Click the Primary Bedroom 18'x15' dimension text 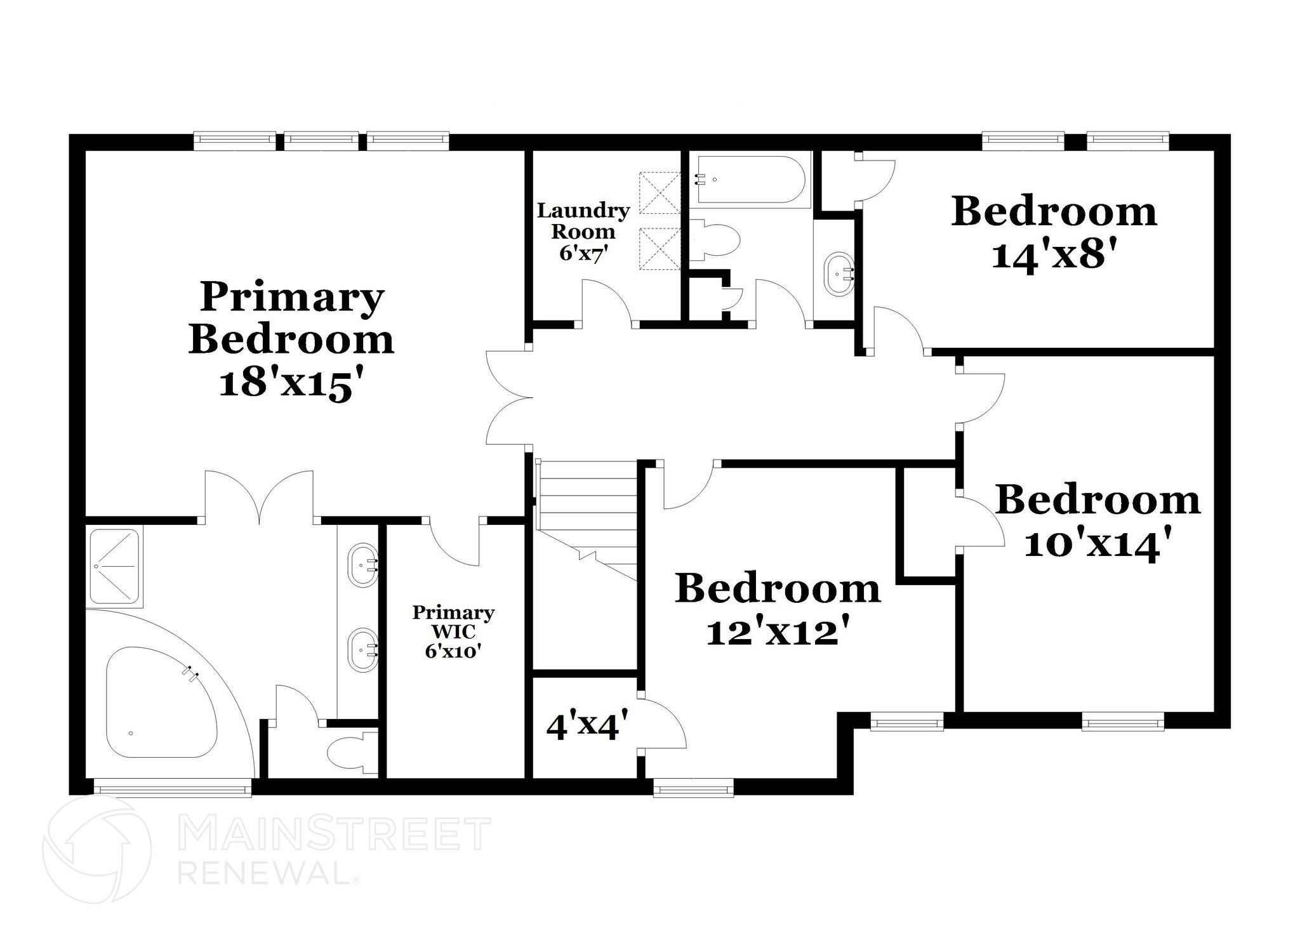293,383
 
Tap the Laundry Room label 583,220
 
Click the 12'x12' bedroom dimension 778,632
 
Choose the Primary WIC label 453,622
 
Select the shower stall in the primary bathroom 114,566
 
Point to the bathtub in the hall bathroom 748,180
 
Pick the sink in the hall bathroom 839,274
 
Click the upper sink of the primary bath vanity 363,564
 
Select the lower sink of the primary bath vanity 363,650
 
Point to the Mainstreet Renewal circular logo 96,850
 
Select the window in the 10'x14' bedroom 1122,722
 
